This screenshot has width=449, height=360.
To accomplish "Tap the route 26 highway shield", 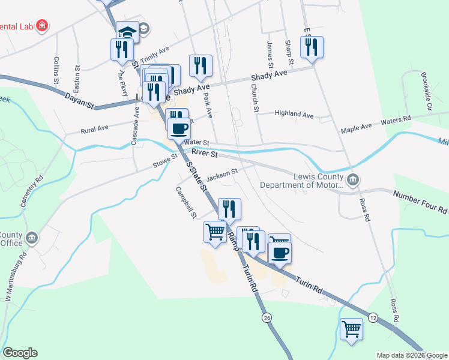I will click(267, 317).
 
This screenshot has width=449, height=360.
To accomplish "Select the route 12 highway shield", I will click(373, 317).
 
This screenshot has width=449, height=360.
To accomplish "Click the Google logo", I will click(20, 353).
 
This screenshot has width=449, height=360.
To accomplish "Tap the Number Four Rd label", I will click(420, 202).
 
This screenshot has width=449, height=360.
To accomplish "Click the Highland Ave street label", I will click(294, 114).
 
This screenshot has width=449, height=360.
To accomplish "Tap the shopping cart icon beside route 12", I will click(352, 329).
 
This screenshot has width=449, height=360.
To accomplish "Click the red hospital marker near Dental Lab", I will click(43, 25).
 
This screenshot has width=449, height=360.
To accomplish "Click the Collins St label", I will click(56, 70).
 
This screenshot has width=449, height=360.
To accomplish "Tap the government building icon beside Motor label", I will click(354, 179).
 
